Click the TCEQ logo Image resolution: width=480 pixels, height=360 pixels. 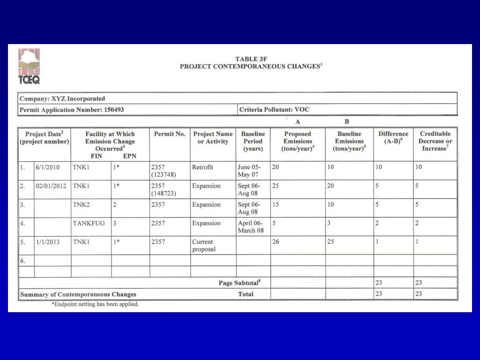click(29, 66)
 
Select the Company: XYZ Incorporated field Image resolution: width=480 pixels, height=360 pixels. click(62, 99)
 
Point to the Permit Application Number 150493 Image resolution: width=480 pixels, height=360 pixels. click(72, 110)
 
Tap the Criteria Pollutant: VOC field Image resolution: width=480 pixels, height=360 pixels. click(274, 110)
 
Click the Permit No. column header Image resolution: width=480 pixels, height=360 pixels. click(170, 134)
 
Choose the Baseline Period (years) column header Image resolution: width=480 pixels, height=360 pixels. click(253, 141)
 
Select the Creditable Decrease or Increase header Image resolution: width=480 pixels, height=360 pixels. click(435, 141)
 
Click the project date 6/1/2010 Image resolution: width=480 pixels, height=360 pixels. click(47, 167)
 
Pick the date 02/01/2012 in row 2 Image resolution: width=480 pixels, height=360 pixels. click(51, 186)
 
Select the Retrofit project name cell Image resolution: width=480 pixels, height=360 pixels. click(202, 167)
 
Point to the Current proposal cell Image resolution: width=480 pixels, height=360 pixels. click(204, 246)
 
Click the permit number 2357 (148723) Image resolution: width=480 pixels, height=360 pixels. click(164, 189)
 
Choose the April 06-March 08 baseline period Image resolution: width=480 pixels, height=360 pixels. click(251, 227)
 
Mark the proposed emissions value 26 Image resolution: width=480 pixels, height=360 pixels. click(276, 242)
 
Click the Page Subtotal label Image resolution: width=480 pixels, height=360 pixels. click(240, 283)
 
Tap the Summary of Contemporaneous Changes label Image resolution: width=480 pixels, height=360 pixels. click(78, 294)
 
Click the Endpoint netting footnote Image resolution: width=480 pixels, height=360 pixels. click(95, 304)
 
